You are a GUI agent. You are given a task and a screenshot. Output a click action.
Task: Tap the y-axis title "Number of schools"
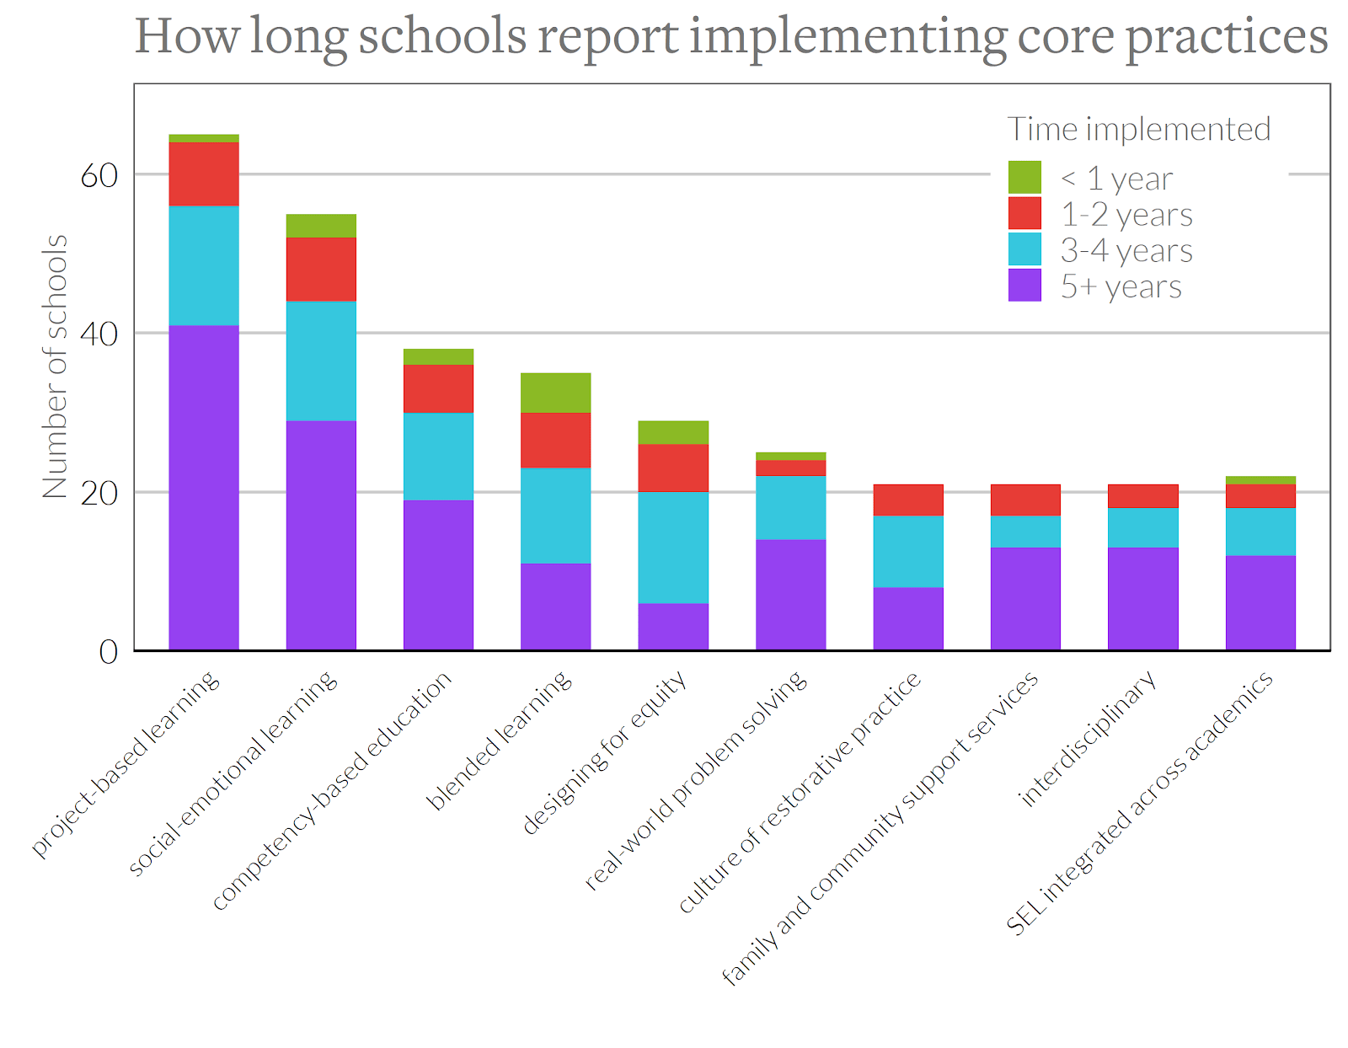(55, 366)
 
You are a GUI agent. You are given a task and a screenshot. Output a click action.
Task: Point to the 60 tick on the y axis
(99, 175)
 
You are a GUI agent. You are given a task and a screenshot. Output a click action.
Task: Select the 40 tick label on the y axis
(99, 334)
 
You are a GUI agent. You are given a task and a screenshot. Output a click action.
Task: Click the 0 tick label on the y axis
(108, 652)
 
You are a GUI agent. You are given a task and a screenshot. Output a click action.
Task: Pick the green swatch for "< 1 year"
(1024, 178)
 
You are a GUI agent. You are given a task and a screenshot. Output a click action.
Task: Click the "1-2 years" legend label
(1126, 215)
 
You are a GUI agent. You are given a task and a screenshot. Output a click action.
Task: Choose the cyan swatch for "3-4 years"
(1024, 249)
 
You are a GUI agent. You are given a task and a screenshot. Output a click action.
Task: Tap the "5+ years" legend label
(1121, 286)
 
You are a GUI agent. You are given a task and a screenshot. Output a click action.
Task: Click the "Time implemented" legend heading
(1138, 130)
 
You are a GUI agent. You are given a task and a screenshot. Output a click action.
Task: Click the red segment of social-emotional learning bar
(321, 269)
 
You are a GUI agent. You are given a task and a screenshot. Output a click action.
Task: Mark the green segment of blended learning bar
(555, 393)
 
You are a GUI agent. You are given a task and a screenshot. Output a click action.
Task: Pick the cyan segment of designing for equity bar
(673, 547)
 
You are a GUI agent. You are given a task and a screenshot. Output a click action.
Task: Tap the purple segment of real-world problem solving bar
(790, 594)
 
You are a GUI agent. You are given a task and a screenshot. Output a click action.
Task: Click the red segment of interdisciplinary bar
(1142, 496)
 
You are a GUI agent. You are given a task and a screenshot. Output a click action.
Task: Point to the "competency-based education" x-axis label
(332, 792)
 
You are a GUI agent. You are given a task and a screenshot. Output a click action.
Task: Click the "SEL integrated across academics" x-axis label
(1139, 804)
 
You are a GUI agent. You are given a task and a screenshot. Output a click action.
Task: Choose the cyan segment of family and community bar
(1025, 532)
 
